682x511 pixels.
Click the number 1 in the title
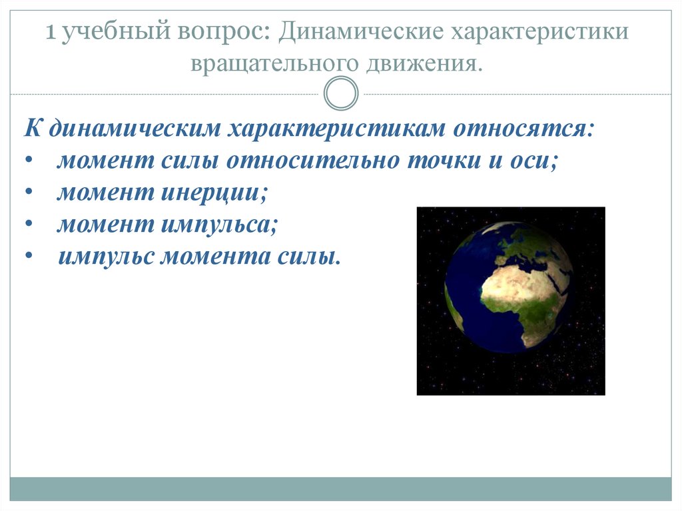coord(51,32)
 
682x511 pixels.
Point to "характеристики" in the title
coord(539,32)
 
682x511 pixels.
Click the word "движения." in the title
coord(424,64)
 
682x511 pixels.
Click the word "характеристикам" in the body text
coord(336,129)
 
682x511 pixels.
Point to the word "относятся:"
coord(523,129)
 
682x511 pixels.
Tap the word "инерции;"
coord(214,193)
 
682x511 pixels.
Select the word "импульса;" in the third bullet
coord(219,225)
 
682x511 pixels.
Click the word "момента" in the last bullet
coord(216,256)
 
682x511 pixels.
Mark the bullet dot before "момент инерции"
coord(29,192)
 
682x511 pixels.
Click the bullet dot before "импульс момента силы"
coord(29,256)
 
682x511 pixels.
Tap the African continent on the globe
coord(522,300)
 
